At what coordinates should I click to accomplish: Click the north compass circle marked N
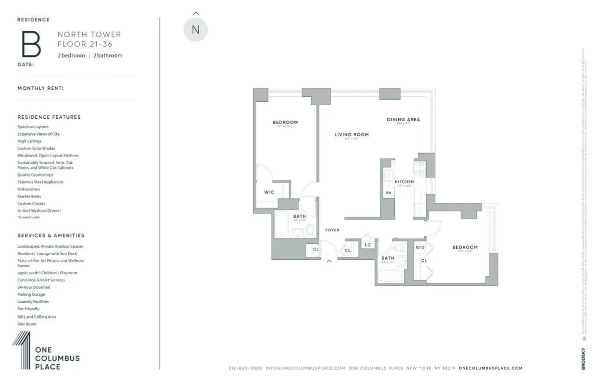pyautogui.click(x=196, y=30)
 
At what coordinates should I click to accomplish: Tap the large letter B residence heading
pyautogui.click(x=31, y=44)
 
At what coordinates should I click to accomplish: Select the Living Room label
pyautogui.click(x=351, y=135)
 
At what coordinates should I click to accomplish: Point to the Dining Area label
pyautogui.click(x=403, y=120)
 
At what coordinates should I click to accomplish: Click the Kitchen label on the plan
pyautogui.click(x=404, y=182)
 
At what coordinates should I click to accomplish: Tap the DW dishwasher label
pyautogui.click(x=388, y=193)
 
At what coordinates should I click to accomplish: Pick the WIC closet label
pyautogui.click(x=269, y=193)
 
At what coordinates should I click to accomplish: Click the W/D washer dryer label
pyautogui.click(x=420, y=247)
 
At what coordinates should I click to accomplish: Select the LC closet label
pyautogui.click(x=368, y=245)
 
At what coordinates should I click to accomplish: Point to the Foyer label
pyautogui.click(x=332, y=230)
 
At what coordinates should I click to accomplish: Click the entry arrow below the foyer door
pyautogui.click(x=329, y=261)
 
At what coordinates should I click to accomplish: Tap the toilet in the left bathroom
pyautogui.click(x=310, y=230)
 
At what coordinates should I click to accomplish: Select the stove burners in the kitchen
pyautogui.click(x=419, y=169)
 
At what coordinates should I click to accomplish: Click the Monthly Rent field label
pyautogui.click(x=40, y=88)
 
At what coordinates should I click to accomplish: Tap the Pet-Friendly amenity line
pyautogui.click(x=28, y=309)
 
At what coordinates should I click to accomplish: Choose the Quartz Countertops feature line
pyautogui.click(x=35, y=175)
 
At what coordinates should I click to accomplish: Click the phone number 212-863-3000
pyautogui.click(x=245, y=368)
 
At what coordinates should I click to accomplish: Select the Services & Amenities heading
pyautogui.click(x=51, y=235)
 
